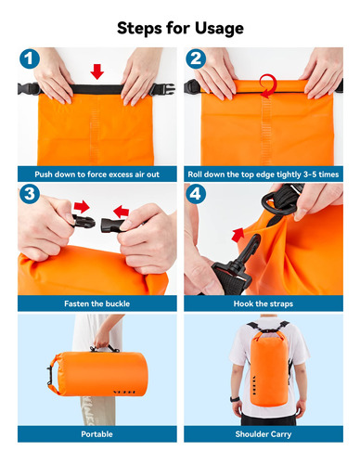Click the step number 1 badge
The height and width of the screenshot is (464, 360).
[30, 58]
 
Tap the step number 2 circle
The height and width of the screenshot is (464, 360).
[196, 58]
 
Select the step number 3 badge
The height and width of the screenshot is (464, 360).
[30, 194]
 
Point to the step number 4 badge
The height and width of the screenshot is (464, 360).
[196, 194]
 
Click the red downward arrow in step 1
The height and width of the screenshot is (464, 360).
[97, 71]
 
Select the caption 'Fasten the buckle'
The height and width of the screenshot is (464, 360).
[96, 303]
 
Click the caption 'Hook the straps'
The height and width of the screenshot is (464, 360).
[264, 303]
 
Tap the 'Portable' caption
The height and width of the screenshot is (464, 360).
[96, 434]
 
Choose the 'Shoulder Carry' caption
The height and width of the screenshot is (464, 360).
[264, 434]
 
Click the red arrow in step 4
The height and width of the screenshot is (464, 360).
[238, 236]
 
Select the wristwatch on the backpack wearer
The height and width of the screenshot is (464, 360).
[234, 399]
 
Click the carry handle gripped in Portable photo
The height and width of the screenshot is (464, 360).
[105, 348]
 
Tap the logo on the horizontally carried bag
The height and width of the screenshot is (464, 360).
[124, 393]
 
